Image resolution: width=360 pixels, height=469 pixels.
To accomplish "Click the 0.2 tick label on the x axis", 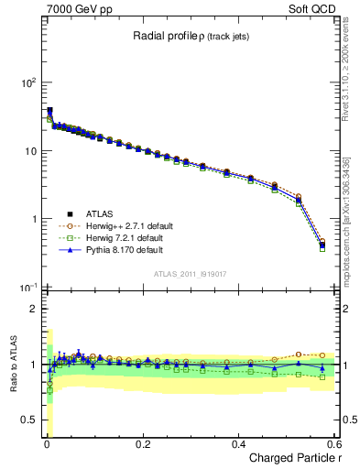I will tap(142, 444).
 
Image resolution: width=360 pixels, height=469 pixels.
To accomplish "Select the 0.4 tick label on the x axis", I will tap(239, 444).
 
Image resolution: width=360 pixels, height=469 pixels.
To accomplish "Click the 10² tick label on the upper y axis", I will tap(27, 83).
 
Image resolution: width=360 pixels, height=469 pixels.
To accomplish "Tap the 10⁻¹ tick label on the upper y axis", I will tap(27, 289).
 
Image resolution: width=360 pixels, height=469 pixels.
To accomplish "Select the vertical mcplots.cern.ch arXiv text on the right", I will tap(346, 211).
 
